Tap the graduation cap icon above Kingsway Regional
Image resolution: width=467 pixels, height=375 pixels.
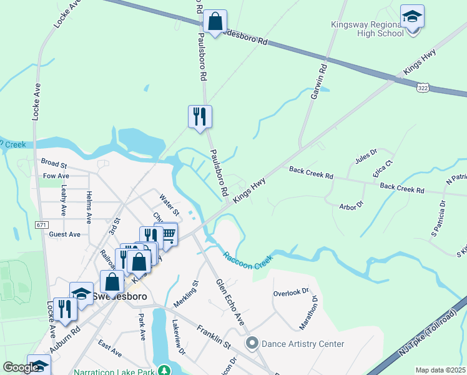(412, 17)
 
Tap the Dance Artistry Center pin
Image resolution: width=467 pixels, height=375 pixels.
(252, 343)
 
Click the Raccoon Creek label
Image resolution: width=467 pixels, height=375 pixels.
(248, 261)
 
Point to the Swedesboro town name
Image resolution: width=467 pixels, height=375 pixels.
(119, 297)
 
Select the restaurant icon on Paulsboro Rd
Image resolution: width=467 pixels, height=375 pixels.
(200, 116)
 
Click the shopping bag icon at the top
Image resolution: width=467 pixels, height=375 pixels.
(215, 22)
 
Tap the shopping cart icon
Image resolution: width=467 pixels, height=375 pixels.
(167, 234)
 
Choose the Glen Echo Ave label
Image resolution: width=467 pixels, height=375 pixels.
(230, 302)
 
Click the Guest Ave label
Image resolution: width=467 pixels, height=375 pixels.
(65, 234)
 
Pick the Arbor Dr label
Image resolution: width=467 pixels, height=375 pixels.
(351, 205)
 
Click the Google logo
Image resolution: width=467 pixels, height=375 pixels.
(21, 368)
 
